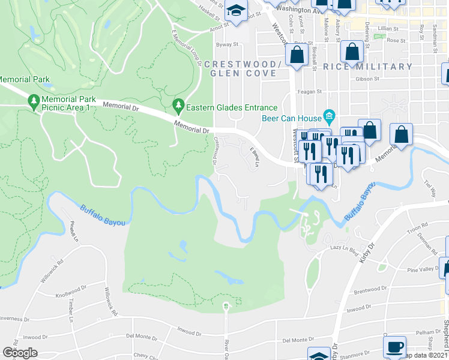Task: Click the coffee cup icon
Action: click(x=394, y=346)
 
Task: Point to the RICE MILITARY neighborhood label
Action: click(x=367, y=67)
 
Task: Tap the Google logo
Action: click(x=20, y=353)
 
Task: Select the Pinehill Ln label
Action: click(x=75, y=233)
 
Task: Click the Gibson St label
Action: click(x=368, y=79)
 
